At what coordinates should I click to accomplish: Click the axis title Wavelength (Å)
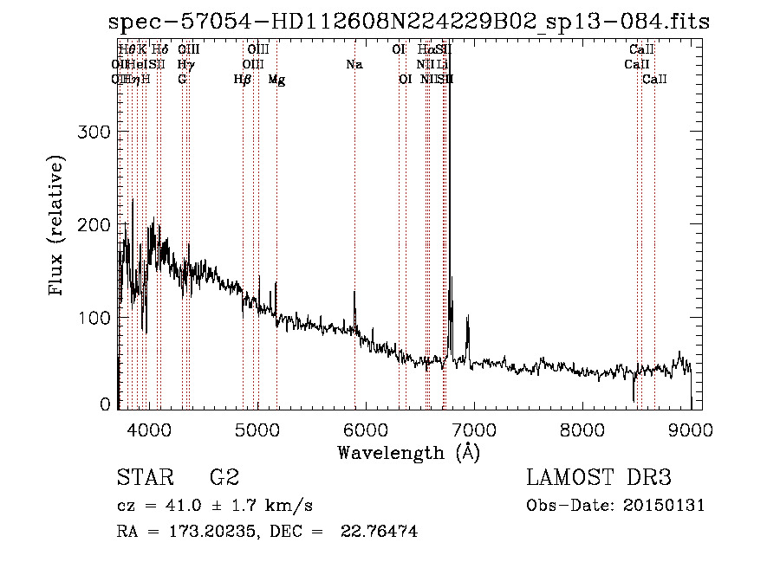pos(408,452)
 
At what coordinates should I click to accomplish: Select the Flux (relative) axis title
pos(57,227)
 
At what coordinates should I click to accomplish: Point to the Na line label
pos(354,64)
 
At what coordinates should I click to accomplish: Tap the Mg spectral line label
pos(276,80)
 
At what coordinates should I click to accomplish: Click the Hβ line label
pos(243,80)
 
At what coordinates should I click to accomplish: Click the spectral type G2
pos(224,478)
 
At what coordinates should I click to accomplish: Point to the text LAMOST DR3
pos(599,478)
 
